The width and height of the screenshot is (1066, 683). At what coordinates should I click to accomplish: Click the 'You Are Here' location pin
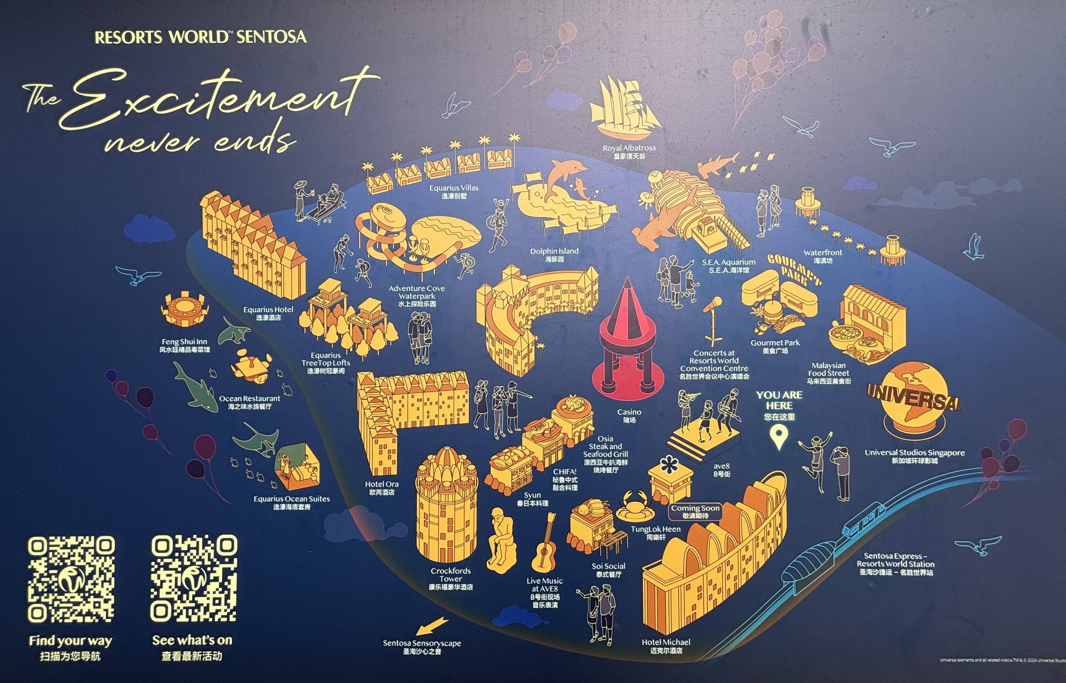pos(779,437)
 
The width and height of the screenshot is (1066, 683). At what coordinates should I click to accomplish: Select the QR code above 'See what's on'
pos(194,578)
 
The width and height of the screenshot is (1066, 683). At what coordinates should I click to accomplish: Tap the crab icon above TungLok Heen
pos(635,504)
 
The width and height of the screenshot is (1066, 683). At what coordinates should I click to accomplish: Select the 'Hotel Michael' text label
pos(666,646)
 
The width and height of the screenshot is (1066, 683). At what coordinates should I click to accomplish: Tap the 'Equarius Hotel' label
pos(268,313)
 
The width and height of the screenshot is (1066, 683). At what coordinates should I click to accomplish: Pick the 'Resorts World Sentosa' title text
pos(200,37)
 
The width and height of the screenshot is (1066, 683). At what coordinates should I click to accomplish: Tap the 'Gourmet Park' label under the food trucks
pos(775,346)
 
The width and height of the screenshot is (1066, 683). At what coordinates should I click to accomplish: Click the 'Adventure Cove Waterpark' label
pos(417,296)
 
